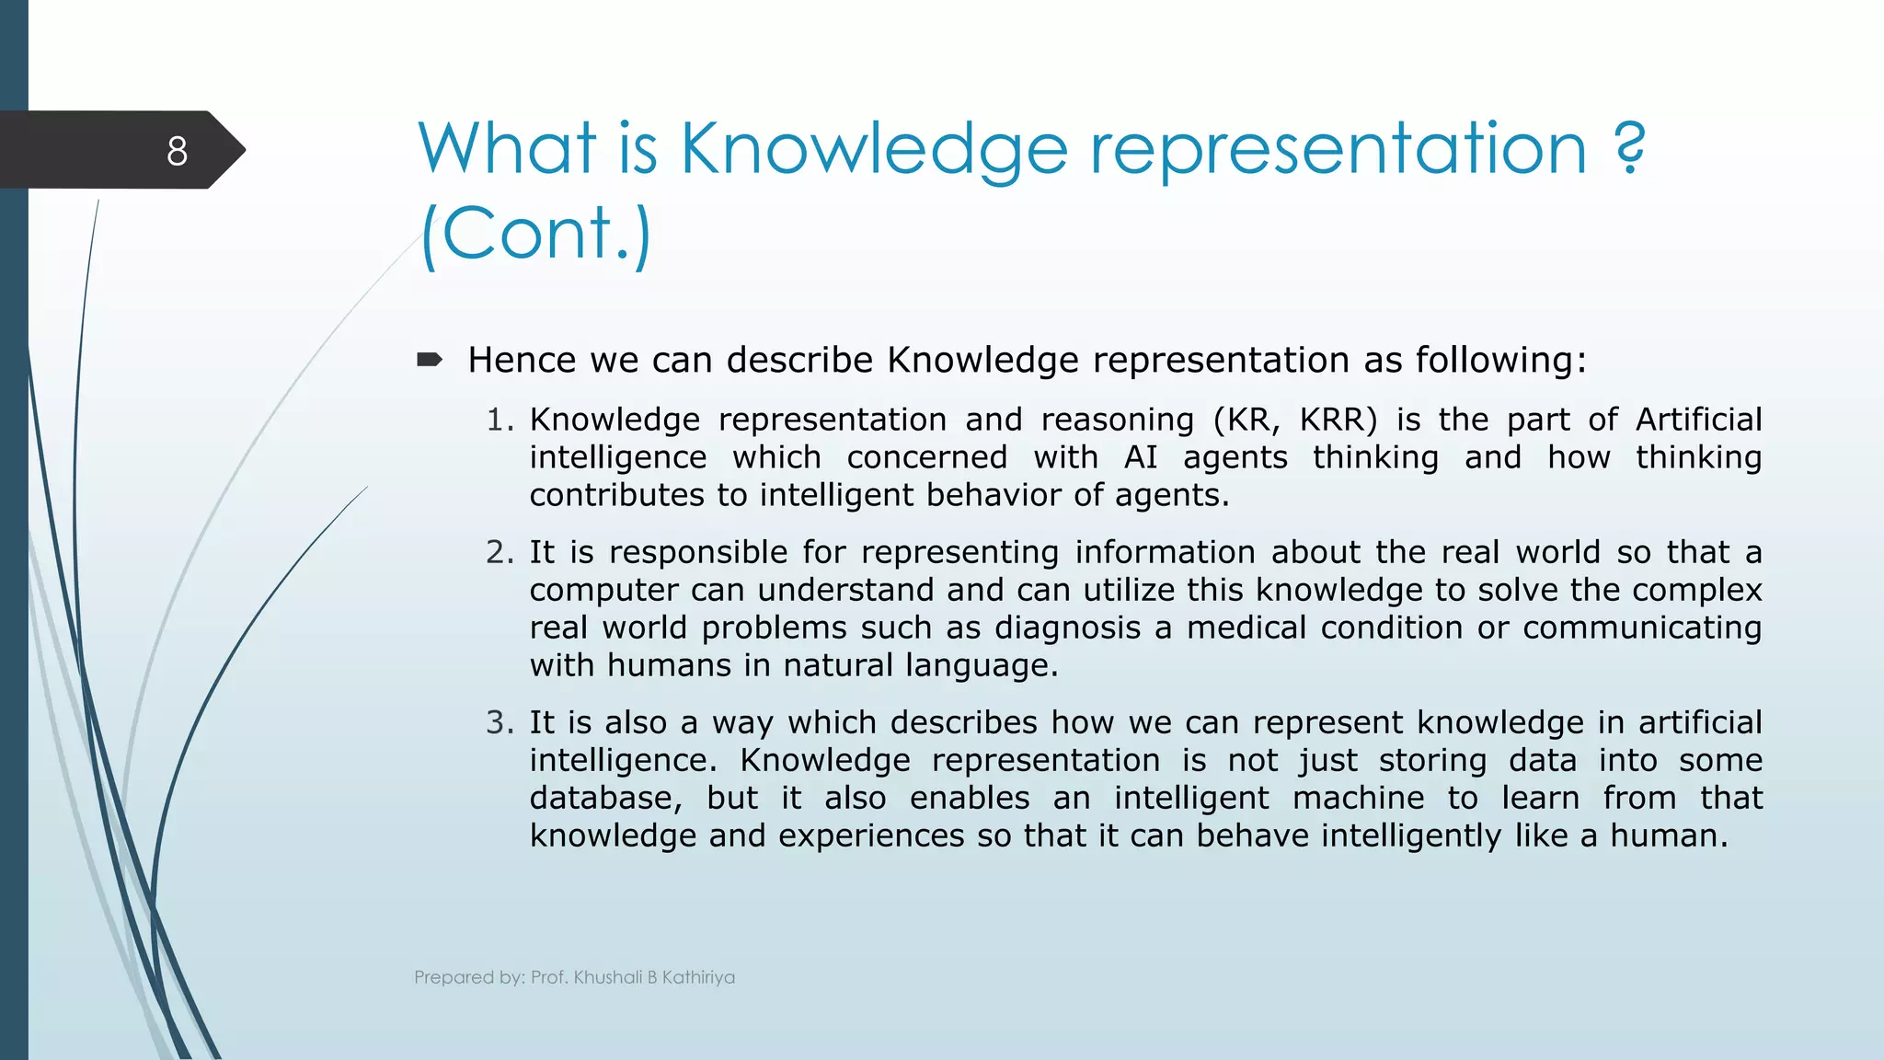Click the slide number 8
point(177,151)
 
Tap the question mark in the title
point(1629,149)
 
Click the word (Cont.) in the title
point(535,234)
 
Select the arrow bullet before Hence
point(430,360)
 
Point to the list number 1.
point(499,420)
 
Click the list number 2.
point(500,552)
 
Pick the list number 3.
point(500,722)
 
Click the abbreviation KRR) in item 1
point(1338,420)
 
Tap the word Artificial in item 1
point(1698,420)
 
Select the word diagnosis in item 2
point(1067,628)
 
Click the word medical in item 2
point(1246,628)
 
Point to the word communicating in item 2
point(1642,628)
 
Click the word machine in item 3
point(1358,798)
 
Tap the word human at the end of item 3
point(1668,835)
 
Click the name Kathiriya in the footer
point(698,977)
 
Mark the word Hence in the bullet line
point(522,360)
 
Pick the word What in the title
point(508,149)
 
